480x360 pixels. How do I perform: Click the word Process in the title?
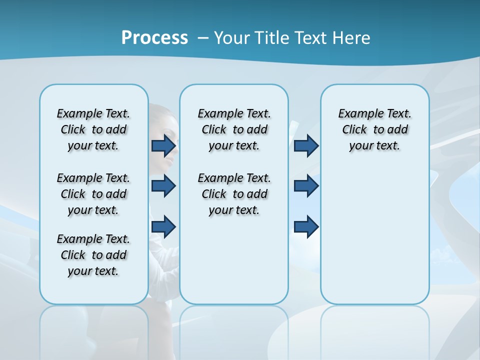[154, 38]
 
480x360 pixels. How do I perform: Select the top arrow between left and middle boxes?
[163, 145]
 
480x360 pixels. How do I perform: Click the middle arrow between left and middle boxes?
[163, 186]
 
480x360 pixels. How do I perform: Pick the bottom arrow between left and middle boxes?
[163, 226]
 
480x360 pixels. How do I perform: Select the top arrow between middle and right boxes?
[306, 145]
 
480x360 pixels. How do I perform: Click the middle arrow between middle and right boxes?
[306, 186]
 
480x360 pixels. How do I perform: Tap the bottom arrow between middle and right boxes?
[306, 226]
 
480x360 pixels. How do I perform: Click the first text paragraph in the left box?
[93, 129]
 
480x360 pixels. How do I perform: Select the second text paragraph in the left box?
[93, 194]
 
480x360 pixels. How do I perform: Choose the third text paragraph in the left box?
[93, 255]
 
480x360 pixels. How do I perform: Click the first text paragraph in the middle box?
[234, 129]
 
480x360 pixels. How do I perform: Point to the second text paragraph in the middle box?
[234, 194]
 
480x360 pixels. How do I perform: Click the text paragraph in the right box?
[375, 129]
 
